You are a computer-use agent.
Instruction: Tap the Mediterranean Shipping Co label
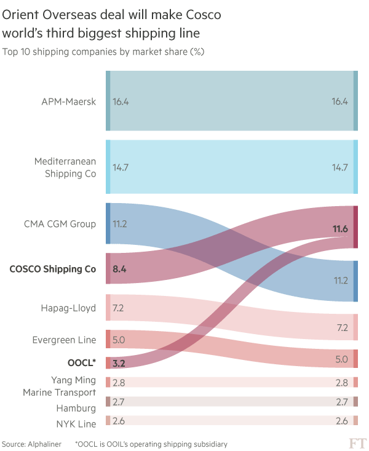tap(65, 167)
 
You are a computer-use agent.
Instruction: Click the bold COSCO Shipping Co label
tap(53, 268)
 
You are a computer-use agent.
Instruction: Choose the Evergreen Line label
tap(65, 340)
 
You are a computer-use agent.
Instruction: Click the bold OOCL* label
tap(82, 362)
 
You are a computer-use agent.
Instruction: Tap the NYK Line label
tap(76, 424)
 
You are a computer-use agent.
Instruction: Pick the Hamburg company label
tap(76, 408)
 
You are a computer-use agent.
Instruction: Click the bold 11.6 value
tap(340, 229)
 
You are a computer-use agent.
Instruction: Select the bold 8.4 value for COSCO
tap(119, 268)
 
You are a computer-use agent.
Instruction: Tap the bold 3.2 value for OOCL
tap(119, 362)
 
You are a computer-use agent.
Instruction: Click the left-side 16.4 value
tap(121, 102)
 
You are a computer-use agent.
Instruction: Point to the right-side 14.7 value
tap(340, 167)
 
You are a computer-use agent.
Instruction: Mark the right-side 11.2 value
tap(340, 281)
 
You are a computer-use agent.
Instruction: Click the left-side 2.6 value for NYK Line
tap(119, 421)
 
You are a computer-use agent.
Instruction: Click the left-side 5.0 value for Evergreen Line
tap(119, 339)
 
